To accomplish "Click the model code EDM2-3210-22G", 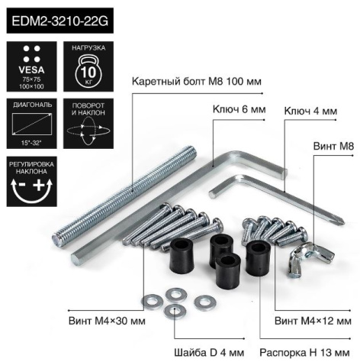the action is [x=60, y=21].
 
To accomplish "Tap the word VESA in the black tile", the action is [x=31, y=69].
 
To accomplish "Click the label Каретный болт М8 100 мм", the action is [x=197, y=82].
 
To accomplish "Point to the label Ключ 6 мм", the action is [x=239, y=109].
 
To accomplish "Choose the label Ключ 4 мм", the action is [x=310, y=112].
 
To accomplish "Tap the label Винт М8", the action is [x=333, y=147].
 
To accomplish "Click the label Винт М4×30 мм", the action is [x=107, y=321].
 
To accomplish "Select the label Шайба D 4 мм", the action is [x=209, y=353].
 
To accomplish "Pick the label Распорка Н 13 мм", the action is [x=304, y=353].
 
